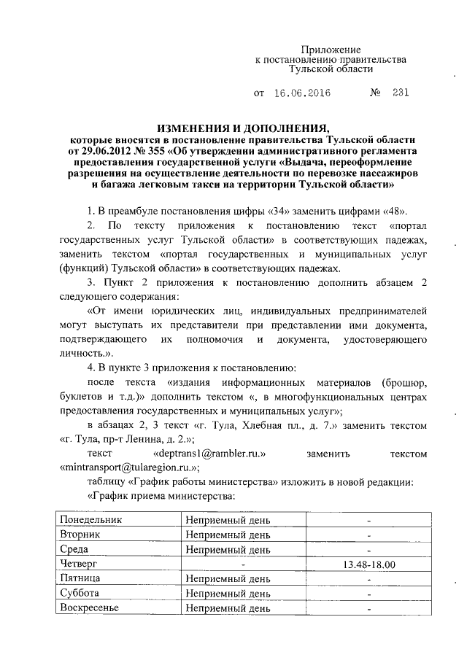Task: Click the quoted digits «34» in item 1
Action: point(252,211)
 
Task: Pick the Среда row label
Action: point(76,549)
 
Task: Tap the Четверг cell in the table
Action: point(80,564)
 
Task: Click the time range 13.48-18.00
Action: point(368,564)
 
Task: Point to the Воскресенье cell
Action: point(91,607)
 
